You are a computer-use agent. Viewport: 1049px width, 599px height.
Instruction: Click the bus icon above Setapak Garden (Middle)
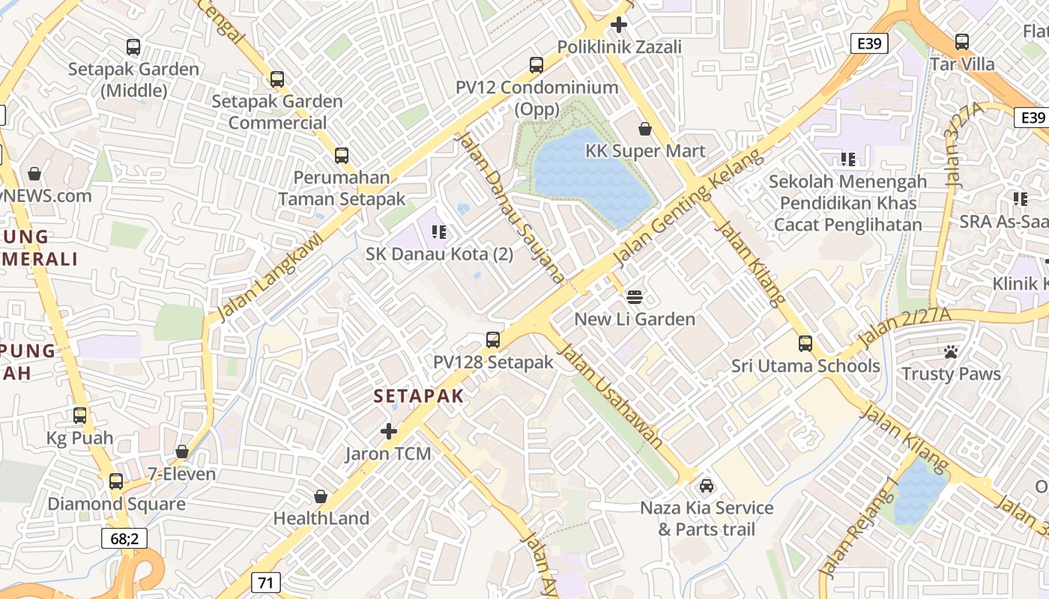(x=133, y=47)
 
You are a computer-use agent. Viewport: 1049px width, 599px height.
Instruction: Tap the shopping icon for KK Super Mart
(x=645, y=129)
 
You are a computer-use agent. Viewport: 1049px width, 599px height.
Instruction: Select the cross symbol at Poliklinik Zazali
(x=618, y=25)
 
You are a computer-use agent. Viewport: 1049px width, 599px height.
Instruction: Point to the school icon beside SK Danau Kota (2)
(x=440, y=232)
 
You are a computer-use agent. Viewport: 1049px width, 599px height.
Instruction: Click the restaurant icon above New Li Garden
(x=635, y=297)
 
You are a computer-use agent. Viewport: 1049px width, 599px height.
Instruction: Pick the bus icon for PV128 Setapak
(x=492, y=340)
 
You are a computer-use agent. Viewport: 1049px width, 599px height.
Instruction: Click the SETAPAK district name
(x=419, y=396)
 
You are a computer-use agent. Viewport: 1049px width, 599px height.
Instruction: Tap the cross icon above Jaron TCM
(x=388, y=431)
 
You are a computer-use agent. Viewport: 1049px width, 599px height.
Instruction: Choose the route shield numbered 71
(x=266, y=582)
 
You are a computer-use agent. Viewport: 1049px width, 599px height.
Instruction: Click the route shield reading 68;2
(x=124, y=538)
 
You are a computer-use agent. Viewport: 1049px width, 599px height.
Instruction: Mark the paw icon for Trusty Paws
(x=951, y=352)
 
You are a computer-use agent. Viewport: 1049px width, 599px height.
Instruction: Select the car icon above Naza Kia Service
(x=706, y=486)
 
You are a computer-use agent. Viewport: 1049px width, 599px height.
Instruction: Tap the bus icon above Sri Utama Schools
(x=805, y=344)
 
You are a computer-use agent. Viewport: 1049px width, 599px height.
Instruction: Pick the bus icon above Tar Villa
(x=962, y=42)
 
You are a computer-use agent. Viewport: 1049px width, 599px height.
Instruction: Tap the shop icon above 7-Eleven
(x=181, y=452)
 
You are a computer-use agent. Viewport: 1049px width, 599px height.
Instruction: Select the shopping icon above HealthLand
(x=321, y=496)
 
